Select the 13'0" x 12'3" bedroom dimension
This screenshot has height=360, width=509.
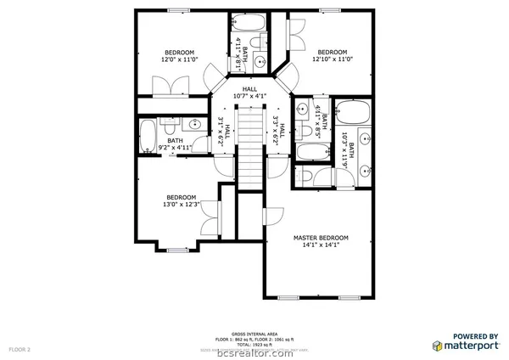click(x=182, y=204)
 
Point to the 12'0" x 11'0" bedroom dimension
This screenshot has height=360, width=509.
click(x=180, y=59)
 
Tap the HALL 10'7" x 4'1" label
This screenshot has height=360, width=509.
click(x=249, y=93)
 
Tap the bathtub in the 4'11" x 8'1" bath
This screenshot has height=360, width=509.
click(x=249, y=23)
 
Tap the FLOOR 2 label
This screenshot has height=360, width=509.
click(x=20, y=349)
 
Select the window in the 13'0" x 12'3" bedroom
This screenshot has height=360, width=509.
click(x=176, y=249)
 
